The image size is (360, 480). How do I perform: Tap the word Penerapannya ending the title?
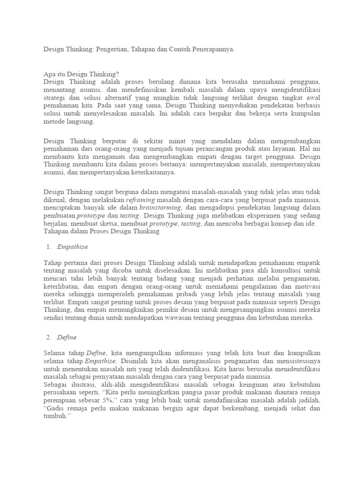click(211, 49)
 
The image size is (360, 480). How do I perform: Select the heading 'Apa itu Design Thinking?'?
click(82, 74)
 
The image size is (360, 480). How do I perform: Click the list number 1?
click(48, 247)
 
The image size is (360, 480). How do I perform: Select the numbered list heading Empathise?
click(73, 247)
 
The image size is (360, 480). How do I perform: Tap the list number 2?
click(48, 337)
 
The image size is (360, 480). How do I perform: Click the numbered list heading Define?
click(67, 337)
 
